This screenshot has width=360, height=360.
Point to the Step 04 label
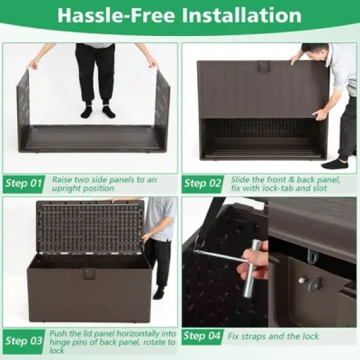[204, 336]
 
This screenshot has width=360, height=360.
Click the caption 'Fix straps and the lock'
[273, 336]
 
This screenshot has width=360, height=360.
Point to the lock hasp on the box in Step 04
[312, 283]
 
